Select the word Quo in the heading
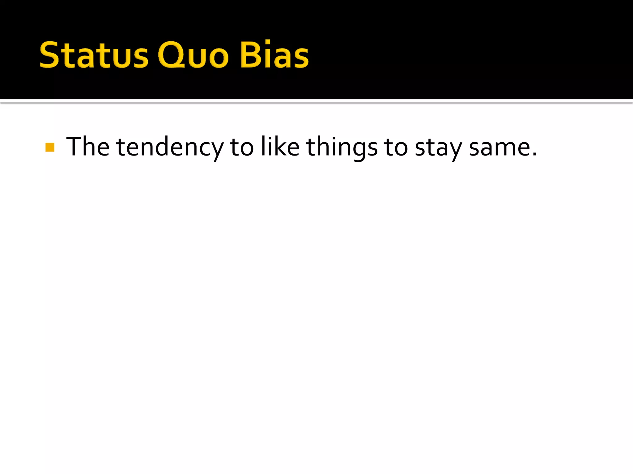pyautogui.click(x=193, y=55)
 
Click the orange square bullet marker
pyautogui.click(x=50, y=147)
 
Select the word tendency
pyautogui.click(x=170, y=148)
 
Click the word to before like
pyautogui.click(x=242, y=148)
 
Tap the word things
pyautogui.click(x=342, y=148)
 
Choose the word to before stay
pyautogui.click(x=396, y=148)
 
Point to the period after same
pyautogui.click(x=535, y=154)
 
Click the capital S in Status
pyautogui.click(x=49, y=55)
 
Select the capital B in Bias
pyautogui.click(x=250, y=55)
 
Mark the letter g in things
pyautogui.click(x=359, y=150)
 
